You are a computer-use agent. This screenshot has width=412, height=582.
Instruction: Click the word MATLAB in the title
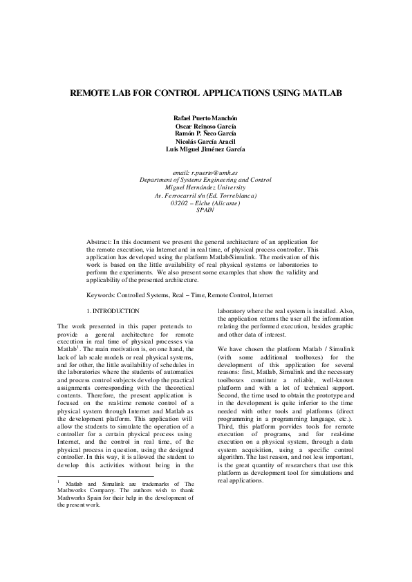pyautogui.click(x=321, y=93)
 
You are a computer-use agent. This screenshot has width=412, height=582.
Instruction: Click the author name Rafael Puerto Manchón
pyautogui.click(x=205, y=119)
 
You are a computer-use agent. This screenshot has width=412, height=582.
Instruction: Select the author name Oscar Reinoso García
pyautogui.click(x=205, y=126)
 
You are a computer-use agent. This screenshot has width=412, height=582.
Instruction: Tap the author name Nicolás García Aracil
pyautogui.click(x=205, y=141)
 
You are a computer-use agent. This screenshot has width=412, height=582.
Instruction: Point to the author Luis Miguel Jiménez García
pyautogui.click(x=205, y=149)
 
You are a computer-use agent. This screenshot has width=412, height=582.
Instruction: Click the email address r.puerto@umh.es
pyautogui.click(x=205, y=171)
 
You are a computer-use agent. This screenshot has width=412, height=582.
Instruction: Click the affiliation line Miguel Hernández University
pyautogui.click(x=205, y=187)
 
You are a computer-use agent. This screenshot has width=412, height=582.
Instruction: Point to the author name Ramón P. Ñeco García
pyautogui.click(x=205, y=133)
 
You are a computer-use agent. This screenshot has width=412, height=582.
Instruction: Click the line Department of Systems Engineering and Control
pyautogui.click(x=205, y=179)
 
